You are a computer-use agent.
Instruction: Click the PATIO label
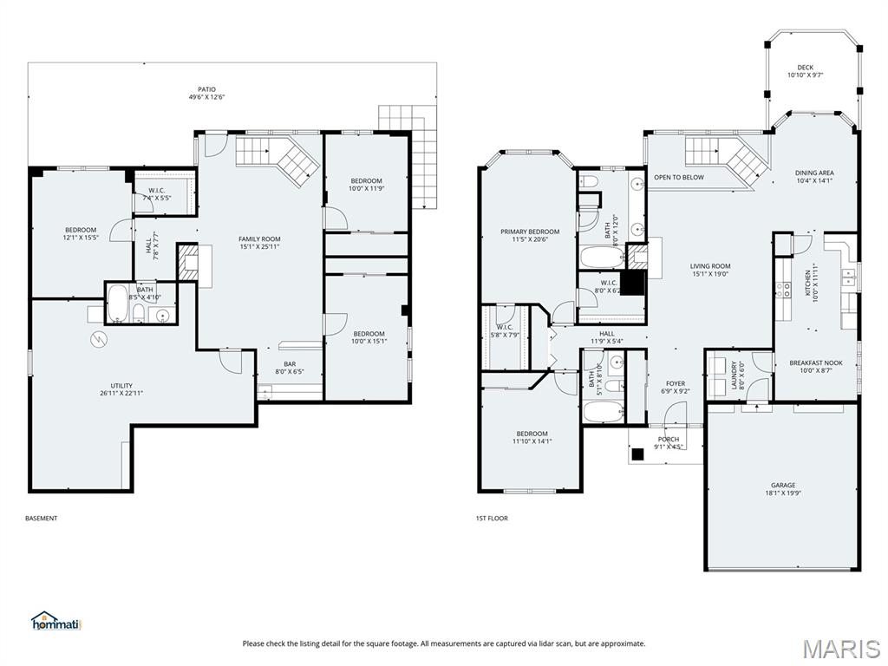(x=206, y=89)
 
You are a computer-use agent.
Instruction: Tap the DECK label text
(x=805, y=68)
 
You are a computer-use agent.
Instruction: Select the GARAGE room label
(x=783, y=486)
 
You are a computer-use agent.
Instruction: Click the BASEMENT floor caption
(x=42, y=519)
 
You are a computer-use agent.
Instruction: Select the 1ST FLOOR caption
(x=492, y=519)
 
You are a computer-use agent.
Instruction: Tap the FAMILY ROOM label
(x=259, y=239)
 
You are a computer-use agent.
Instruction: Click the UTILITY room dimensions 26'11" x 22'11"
(x=121, y=393)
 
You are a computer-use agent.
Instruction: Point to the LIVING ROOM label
(x=710, y=266)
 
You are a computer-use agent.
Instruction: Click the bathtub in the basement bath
(x=117, y=303)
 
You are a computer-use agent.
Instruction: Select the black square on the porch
(x=638, y=454)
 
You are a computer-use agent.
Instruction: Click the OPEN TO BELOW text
(x=679, y=177)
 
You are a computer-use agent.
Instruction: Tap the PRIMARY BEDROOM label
(x=530, y=232)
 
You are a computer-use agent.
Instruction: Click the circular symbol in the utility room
(x=98, y=339)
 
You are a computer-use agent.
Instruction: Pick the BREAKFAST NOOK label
(x=816, y=363)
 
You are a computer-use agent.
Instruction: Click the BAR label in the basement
(x=290, y=364)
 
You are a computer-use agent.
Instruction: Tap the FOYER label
(x=675, y=383)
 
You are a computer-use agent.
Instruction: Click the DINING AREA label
(x=814, y=173)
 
